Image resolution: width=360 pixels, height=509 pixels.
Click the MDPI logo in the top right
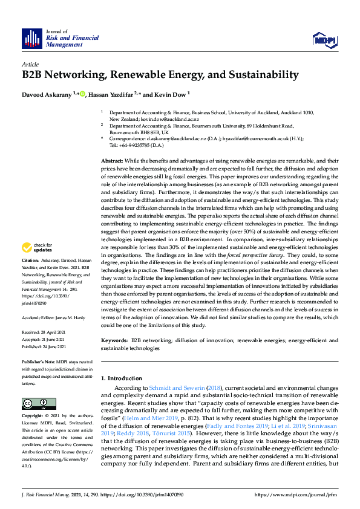point(324,40)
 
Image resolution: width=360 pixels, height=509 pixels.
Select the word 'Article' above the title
point(30,64)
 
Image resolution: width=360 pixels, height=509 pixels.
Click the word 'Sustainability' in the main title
point(261,76)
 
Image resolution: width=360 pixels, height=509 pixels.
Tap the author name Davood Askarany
point(47,94)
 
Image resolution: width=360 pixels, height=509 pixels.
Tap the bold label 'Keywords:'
point(114,341)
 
